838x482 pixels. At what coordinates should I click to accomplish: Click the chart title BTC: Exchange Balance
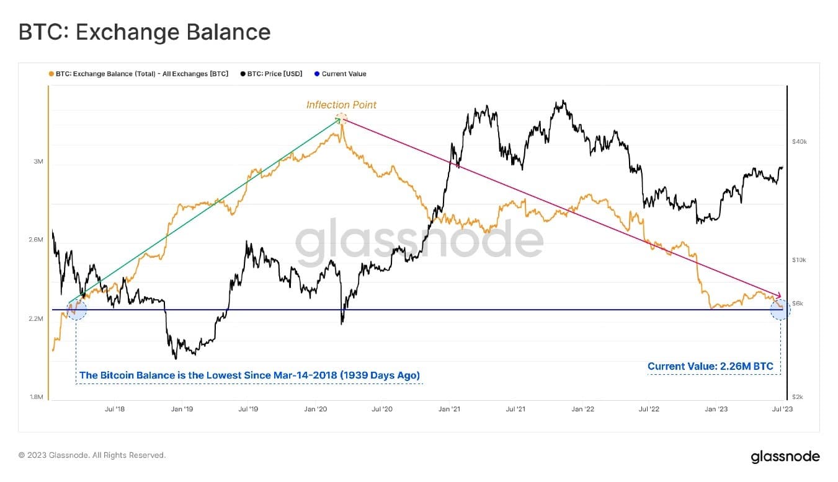(x=145, y=32)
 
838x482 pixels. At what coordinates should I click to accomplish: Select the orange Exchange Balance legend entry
(x=138, y=74)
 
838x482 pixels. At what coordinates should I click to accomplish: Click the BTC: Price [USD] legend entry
(x=271, y=74)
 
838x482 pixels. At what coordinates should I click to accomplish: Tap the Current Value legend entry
(x=340, y=74)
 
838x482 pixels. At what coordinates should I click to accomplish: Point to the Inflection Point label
(x=341, y=105)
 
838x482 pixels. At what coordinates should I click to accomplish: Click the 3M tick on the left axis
(x=38, y=162)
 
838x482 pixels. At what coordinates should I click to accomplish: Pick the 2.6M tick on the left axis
(x=36, y=240)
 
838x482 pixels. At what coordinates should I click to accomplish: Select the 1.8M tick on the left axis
(x=37, y=397)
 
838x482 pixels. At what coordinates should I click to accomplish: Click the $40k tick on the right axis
(x=800, y=142)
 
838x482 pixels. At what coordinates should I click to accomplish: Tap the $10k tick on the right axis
(x=799, y=260)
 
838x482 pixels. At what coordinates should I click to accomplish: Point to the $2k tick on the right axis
(x=798, y=397)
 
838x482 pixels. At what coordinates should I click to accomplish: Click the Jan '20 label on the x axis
(x=315, y=409)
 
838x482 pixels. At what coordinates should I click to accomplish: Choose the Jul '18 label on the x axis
(x=115, y=409)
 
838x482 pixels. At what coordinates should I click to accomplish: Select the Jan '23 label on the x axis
(x=716, y=409)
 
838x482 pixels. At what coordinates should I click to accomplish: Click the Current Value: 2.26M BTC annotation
(x=710, y=366)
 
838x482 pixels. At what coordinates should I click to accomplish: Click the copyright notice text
(x=92, y=455)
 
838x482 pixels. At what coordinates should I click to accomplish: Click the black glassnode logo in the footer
(x=785, y=457)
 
